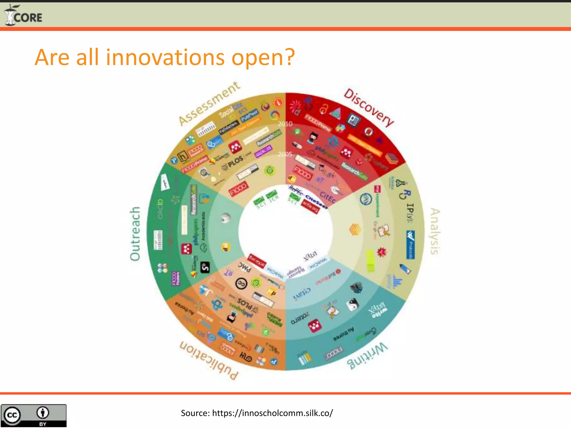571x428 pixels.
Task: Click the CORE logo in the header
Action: click(23, 16)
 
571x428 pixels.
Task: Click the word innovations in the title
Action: click(165, 57)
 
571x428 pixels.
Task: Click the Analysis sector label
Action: click(435, 231)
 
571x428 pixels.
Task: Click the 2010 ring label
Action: click(285, 124)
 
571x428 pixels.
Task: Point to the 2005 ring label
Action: click(285, 154)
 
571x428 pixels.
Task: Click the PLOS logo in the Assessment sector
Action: click(235, 162)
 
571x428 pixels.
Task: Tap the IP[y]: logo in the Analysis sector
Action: click(410, 213)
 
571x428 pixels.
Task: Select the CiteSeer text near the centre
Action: click(316, 201)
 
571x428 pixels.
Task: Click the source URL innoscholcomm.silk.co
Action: click(272, 413)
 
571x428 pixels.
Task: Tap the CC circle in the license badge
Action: click(11, 415)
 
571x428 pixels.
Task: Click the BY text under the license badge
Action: click(43, 424)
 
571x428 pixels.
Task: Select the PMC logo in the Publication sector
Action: click(245, 267)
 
